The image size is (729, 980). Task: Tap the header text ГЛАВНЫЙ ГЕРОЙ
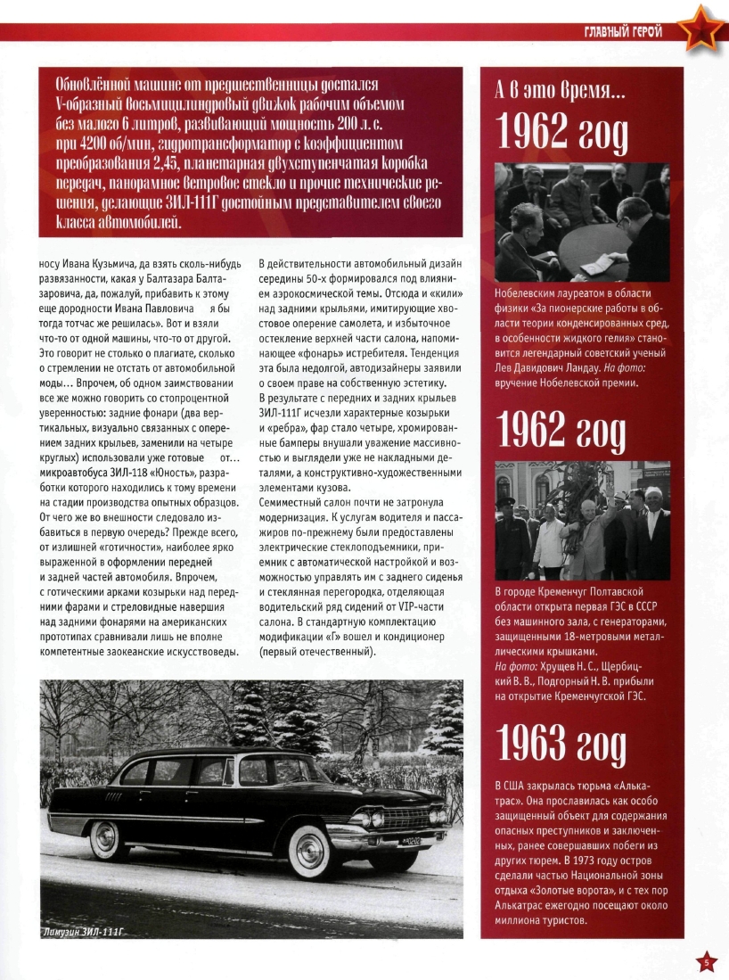coord(623,33)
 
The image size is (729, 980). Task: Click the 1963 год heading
coord(562,742)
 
